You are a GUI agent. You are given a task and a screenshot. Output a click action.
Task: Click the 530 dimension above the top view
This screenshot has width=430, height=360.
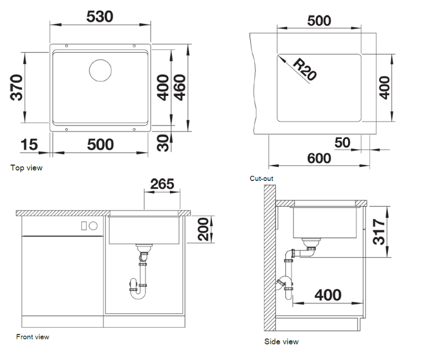point(100,17)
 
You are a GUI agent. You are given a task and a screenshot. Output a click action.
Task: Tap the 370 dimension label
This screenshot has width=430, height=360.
point(16,87)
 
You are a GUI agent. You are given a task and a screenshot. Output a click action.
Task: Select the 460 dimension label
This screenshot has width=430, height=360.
point(180,87)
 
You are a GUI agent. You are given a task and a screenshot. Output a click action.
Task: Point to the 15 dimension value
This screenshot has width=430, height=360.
point(29,145)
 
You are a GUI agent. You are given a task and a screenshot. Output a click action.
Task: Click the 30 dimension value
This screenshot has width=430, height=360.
point(163,143)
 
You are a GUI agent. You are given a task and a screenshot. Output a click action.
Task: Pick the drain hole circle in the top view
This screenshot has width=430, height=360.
point(100,70)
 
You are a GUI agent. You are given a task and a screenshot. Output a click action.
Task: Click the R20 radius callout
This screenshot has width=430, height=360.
point(305,70)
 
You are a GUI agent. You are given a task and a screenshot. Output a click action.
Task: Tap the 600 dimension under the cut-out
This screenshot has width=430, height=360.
point(319,158)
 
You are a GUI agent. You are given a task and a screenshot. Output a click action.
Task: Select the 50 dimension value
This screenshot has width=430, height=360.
point(342,142)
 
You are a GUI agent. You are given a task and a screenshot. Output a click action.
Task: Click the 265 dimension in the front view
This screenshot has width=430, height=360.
point(162,184)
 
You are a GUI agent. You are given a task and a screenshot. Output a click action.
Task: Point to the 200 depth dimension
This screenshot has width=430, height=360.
point(203,229)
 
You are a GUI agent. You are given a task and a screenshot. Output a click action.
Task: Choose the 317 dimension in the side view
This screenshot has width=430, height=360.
point(379,232)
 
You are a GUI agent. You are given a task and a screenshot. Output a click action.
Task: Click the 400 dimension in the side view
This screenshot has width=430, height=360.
point(328,295)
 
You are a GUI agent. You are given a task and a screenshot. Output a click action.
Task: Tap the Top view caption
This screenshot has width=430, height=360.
point(26,168)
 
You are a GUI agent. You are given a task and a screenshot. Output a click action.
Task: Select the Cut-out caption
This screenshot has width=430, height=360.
point(262,179)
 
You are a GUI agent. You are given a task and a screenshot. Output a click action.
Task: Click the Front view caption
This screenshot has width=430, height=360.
point(32,337)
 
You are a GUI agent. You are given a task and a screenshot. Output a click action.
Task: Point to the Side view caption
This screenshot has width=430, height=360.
point(281,342)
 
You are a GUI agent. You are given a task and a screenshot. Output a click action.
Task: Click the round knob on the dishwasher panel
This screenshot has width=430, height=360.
point(93,226)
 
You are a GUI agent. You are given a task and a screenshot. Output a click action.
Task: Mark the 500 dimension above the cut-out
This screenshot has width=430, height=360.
point(319,21)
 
